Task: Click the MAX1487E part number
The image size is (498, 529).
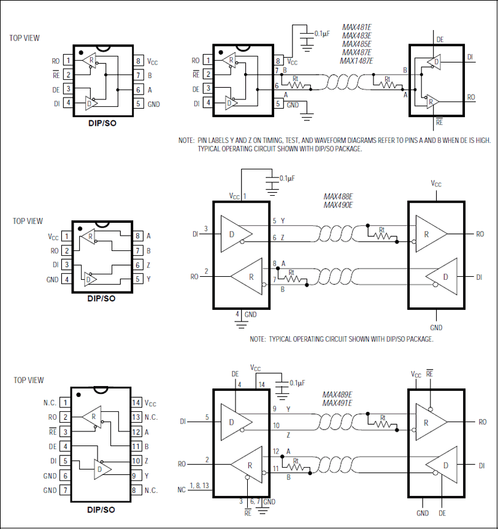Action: pos(356,60)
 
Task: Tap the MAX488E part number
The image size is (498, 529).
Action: pos(338,196)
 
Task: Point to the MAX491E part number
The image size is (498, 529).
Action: pos(338,403)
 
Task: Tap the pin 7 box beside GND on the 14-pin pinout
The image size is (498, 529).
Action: pos(65,490)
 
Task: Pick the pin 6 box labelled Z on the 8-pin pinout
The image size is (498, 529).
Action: pos(139,265)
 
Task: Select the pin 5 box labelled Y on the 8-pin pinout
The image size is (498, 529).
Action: pos(139,279)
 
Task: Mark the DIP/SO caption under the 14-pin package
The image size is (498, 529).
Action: pos(101,509)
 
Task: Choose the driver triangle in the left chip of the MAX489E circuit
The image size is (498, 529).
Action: pos(236,422)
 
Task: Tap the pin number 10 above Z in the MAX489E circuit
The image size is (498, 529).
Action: pos(275,425)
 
